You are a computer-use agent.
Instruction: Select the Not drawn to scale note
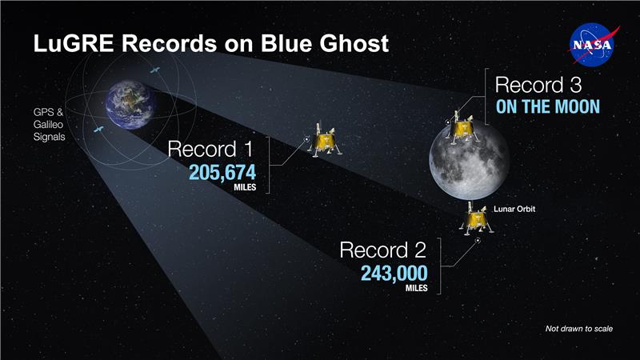point(578,329)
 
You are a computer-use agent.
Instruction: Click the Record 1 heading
point(212,148)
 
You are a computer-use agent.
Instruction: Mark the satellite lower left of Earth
point(98,130)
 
